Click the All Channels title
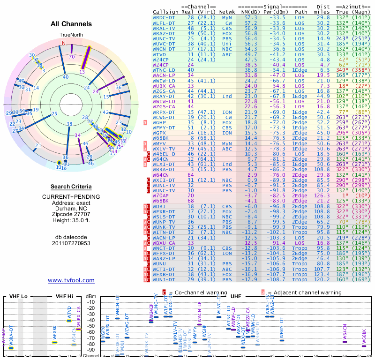[71, 24]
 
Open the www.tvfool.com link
[71, 280]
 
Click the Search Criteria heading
[71, 187]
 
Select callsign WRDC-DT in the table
[165, 17]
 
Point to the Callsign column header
[165, 12]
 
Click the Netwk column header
[227, 12]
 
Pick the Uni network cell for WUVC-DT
[227, 44]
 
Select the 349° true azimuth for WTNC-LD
[342, 70]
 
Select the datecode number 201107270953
[71, 244]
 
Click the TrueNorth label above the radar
[71, 35]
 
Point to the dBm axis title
[91, 296]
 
